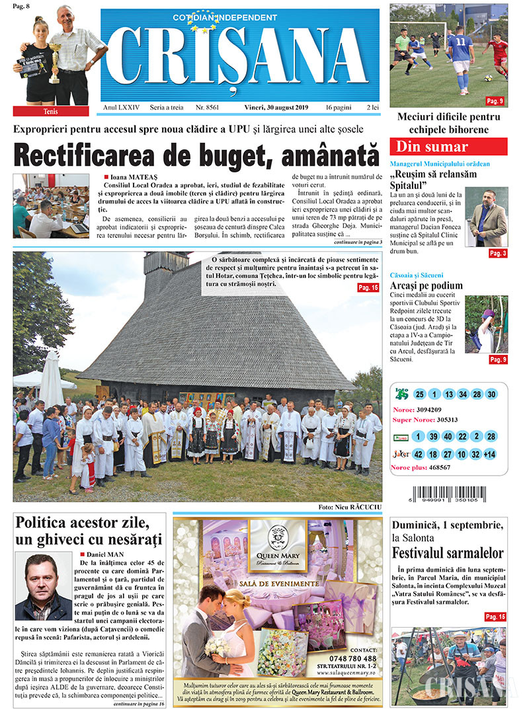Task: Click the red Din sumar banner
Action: point(448,147)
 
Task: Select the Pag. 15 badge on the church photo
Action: point(367,287)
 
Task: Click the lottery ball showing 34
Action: point(462,394)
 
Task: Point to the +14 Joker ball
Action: point(489,454)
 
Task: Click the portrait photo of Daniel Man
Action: point(44,587)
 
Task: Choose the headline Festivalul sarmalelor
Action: point(448,553)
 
